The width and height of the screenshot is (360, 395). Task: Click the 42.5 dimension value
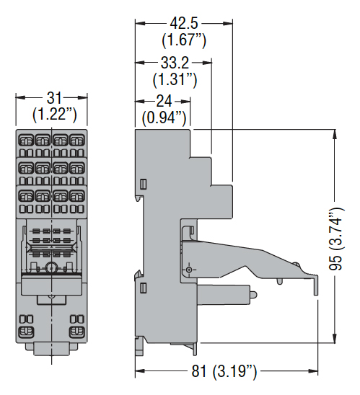(184, 24)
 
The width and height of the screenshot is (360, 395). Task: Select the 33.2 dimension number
(175, 63)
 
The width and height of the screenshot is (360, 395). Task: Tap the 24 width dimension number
(164, 101)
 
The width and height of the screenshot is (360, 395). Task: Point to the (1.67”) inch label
(184, 40)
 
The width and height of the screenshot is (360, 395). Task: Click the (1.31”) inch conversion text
(175, 79)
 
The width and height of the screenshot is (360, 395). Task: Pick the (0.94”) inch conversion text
(164, 118)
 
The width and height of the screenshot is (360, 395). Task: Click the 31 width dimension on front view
(54, 98)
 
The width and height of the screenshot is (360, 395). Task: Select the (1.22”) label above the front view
(54, 115)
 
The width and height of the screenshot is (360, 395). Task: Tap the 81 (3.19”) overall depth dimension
(224, 370)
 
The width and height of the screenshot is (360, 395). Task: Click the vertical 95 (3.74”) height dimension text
(336, 239)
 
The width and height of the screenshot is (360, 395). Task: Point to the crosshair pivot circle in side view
(189, 270)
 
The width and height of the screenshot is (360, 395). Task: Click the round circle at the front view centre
(52, 267)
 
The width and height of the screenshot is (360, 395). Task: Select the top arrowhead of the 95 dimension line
(335, 134)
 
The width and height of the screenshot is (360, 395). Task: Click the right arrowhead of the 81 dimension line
(313, 370)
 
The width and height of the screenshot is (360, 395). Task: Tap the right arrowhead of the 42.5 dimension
(228, 24)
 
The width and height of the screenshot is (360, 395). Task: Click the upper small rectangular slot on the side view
(143, 184)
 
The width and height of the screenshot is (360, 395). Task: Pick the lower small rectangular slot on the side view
(143, 288)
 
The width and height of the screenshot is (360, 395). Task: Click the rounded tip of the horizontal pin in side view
(254, 295)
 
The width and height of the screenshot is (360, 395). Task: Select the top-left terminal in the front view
(26, 141)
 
